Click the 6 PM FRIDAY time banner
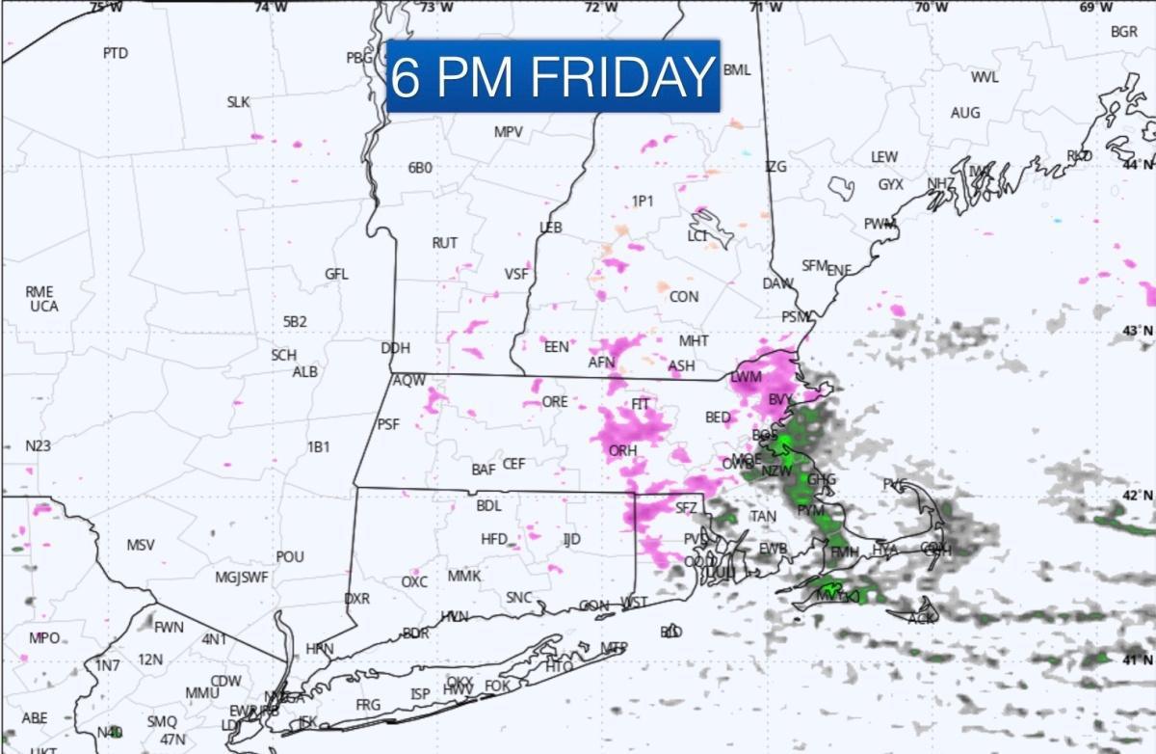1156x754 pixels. click(553, 76)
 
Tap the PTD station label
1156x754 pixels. click(115, 53)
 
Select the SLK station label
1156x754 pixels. click(238, 101)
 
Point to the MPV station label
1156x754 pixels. click(508, 132)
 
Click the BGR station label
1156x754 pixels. click(1124, 32)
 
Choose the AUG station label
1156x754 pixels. click(965, 113)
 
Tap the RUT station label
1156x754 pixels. click(444, 243)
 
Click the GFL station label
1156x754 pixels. click(336, 274)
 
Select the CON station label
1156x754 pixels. click(684, 297)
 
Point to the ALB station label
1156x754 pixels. click(305, 371)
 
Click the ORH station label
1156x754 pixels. click(623, 450)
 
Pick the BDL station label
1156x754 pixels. click(489, 505)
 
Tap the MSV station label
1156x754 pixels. click(141, 545)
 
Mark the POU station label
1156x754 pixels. click(290, 557)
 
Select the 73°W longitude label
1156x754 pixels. click(437, 8)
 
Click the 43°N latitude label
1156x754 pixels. click(1139, 331)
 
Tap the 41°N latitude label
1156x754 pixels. click(1139, 660)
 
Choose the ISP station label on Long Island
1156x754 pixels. click(420, 694)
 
